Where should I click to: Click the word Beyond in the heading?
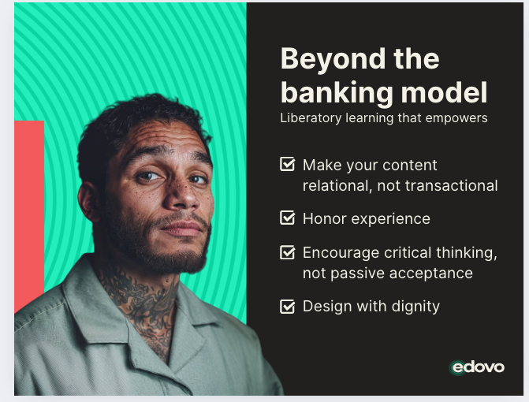pyautogui.click(x=333, y=60)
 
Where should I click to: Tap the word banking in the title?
pyautogui.click(x=337, y=93)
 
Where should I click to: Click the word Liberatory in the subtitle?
pyautogui.click(x=311, y=118)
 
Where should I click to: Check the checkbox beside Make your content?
pyautogui.click(x=288, y=164)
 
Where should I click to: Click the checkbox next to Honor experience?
pyautogui.click(x=288, y=218)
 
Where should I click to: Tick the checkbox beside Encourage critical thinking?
pyautogui.click(x=288, y=252)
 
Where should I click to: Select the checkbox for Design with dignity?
pyautogui.click(x=288, y=306)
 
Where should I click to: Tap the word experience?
pyautogui.click(x=391, y=219)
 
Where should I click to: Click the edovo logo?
pyautogui.click(x=478, y=367)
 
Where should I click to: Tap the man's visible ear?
pyautogui.click(x=88, y=203)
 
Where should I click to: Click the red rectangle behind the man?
pyautogui.click(x=29, y=216)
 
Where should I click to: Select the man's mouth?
pyautogui.click(x=182, y=228)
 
